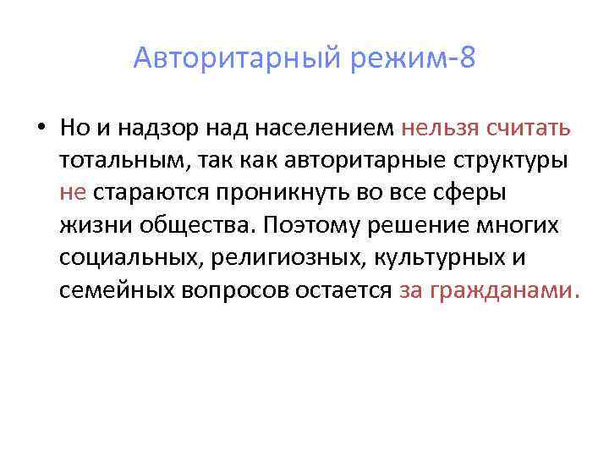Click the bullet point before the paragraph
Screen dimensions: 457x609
[41, 129]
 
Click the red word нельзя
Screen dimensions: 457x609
[440, 129]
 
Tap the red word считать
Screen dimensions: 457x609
[528, 129]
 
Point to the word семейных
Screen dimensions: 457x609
[116, 289]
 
